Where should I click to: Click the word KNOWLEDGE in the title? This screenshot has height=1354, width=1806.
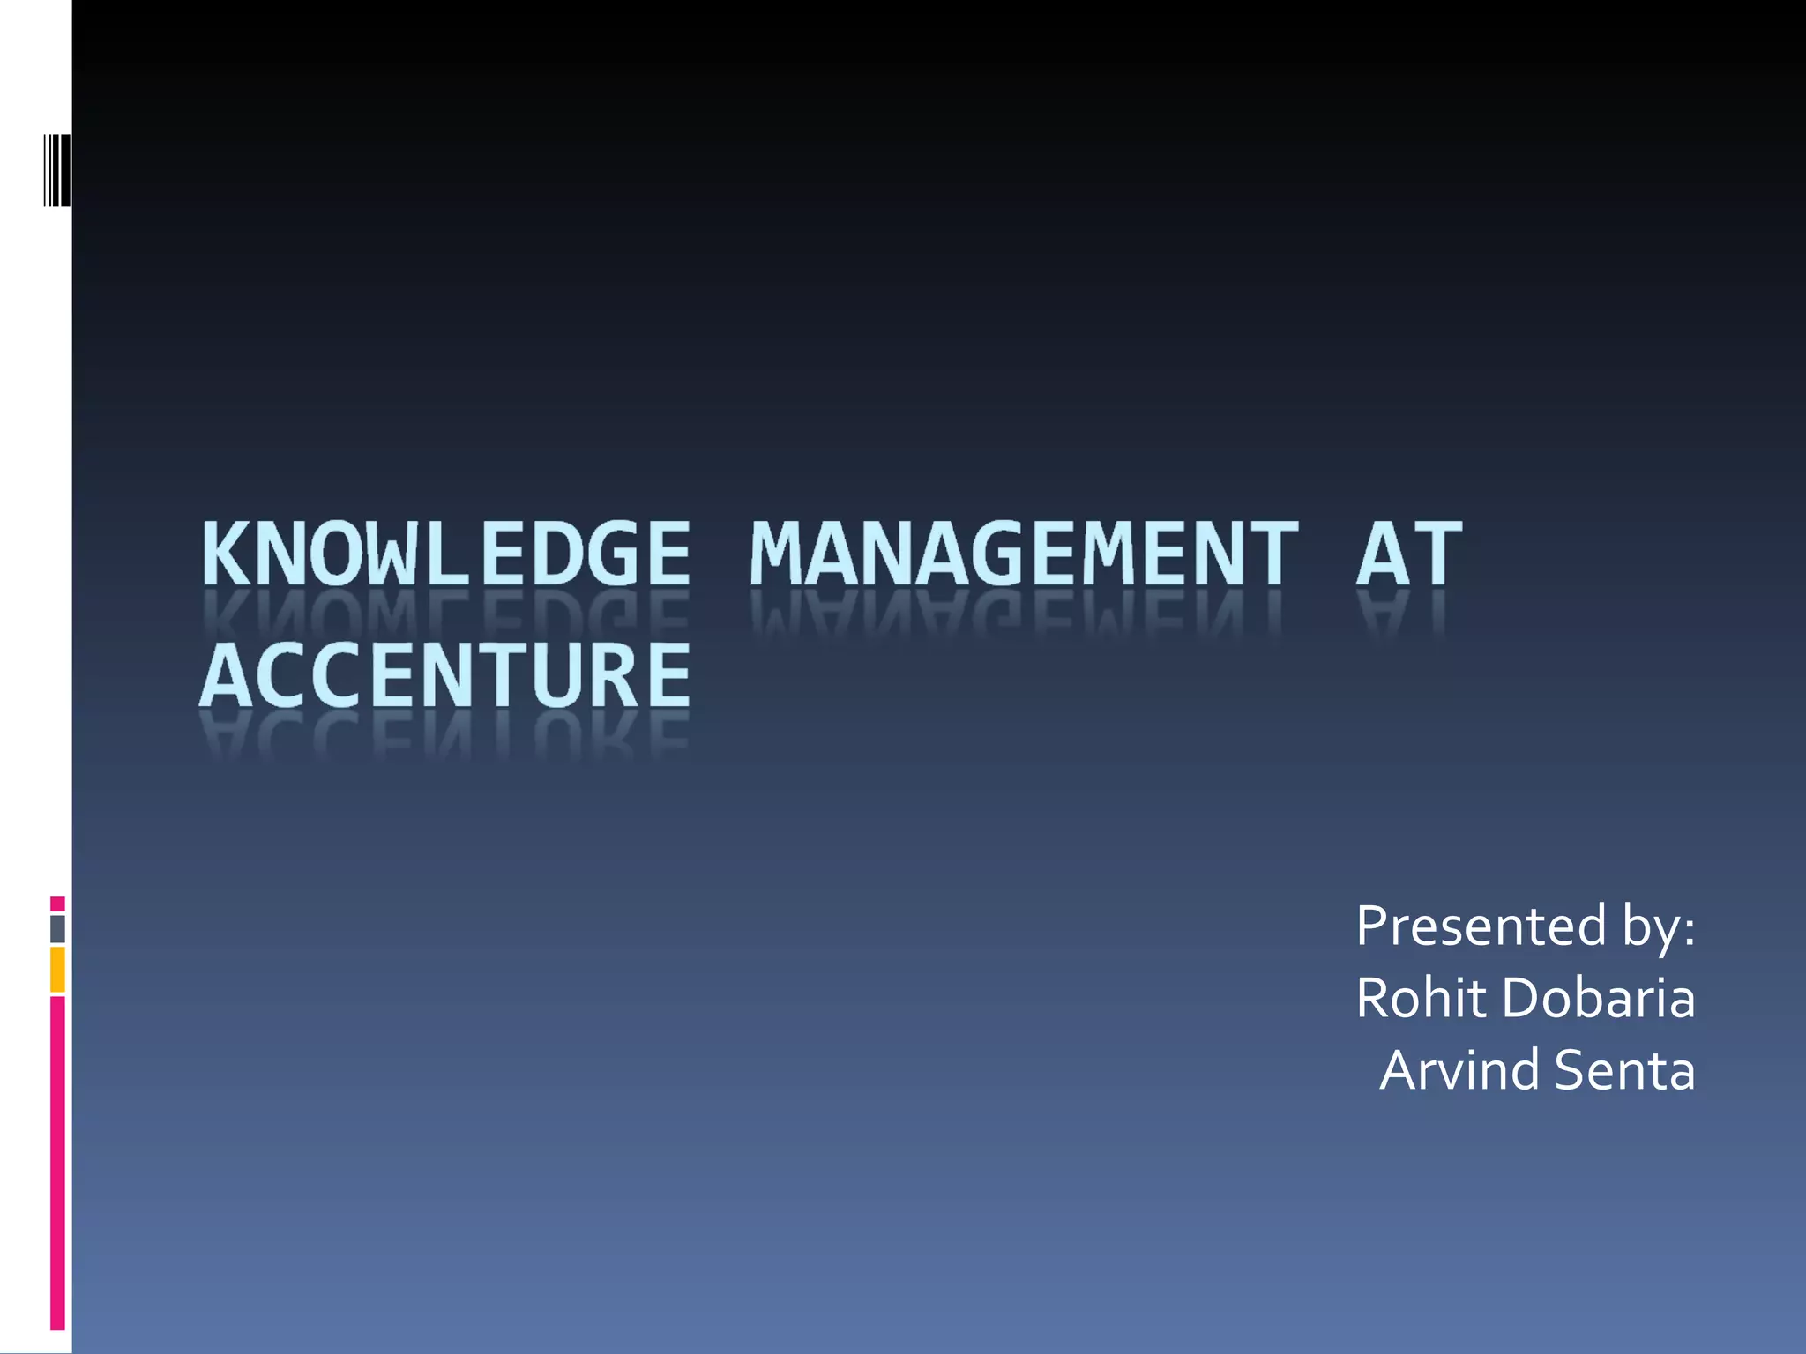click(x=445, y=554)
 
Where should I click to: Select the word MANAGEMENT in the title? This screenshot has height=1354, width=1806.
click(x=1024, y=554)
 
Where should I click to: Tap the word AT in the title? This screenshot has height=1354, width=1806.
click(x=1408, y=554)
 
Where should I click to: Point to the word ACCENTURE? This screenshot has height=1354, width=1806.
click(x=445, y=675)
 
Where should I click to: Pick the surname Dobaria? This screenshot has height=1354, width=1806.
click(x=1598, y=998)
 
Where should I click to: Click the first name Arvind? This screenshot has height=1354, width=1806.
click(x=1459, y=1070)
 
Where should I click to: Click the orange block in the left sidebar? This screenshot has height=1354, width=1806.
click(x=57, y=970)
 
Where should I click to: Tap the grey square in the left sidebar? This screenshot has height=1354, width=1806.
click(x=57, y=929)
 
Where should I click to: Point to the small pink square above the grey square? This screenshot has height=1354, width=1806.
click(x=57, y=904)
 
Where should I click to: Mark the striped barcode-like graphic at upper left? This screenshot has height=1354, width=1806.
click(x=57, y=170)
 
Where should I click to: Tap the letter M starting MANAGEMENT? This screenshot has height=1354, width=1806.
click(x=776, y=554)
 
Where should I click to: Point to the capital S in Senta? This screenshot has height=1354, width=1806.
click(x=1571, y=1070)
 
